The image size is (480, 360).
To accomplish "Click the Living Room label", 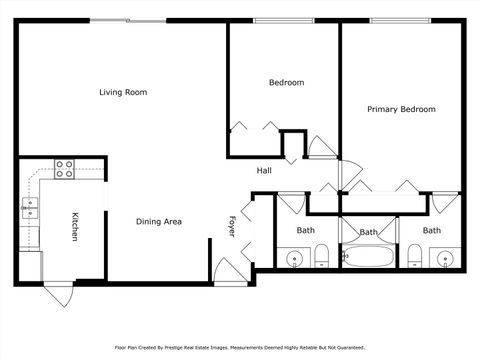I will pos(123,92).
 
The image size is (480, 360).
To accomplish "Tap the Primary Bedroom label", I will pos(401,109).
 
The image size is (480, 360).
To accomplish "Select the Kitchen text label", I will pos(74,226).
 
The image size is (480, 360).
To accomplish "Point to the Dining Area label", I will pos(158,221).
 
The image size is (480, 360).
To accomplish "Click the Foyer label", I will pos(232,226).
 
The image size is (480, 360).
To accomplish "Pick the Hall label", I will pos(264,170).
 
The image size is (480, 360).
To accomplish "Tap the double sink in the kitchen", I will pos(30,208).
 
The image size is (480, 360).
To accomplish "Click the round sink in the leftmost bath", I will pos(294,259).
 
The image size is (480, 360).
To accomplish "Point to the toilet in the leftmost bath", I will pos(321,260).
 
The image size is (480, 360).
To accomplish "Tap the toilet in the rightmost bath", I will pos(414,256).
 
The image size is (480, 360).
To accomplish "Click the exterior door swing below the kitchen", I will pos(57,296).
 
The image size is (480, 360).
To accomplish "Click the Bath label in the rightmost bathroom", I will pos(431,230).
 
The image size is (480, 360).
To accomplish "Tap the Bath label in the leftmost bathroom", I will pos(305,230).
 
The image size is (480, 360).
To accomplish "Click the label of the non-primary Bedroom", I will pos(286,82).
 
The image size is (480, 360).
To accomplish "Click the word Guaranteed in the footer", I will pos(345,347).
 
